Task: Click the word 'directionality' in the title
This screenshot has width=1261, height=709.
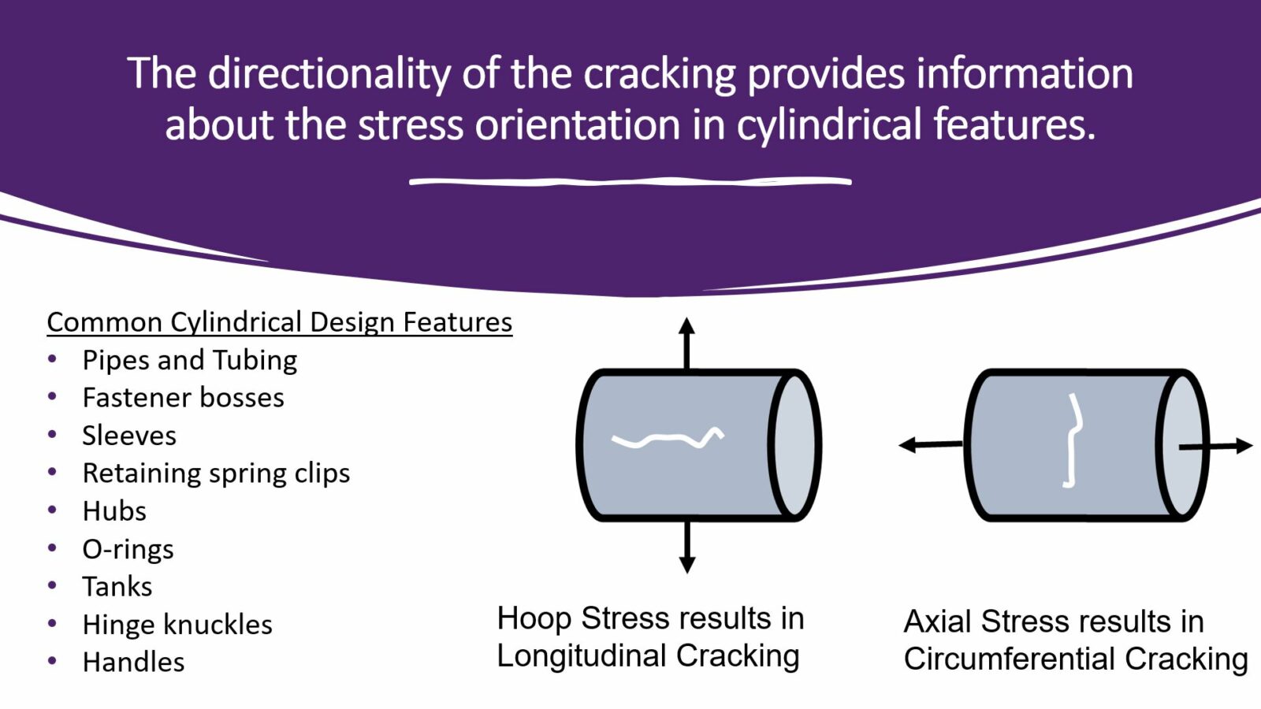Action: tap(329, 74)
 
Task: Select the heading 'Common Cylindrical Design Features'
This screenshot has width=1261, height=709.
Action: tap(279, 322)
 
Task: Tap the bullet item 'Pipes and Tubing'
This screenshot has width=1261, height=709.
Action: tap(189, 360)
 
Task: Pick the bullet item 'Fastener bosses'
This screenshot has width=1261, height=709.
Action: tap(183, 398)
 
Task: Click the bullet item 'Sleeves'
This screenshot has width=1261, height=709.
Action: tap(129, 436)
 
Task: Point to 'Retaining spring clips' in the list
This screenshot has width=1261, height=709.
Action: tap(216, 473)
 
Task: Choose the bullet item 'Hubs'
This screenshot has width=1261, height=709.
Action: tap(114, 511)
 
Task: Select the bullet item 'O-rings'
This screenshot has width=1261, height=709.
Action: tap(128, 549)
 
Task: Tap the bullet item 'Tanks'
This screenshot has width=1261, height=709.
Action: tap(117, 587)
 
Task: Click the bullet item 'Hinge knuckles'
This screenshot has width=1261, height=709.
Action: tap(177, 625)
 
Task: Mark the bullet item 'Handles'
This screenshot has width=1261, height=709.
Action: tap(133, 663)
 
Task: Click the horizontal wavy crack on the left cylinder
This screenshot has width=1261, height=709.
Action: tap(667, 439)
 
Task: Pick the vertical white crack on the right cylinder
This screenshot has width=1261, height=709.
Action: tap(1072, 441)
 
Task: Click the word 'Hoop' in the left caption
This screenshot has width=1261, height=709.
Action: tap(534, 619)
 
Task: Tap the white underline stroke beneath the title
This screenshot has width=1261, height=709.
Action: tap(630, 182)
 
